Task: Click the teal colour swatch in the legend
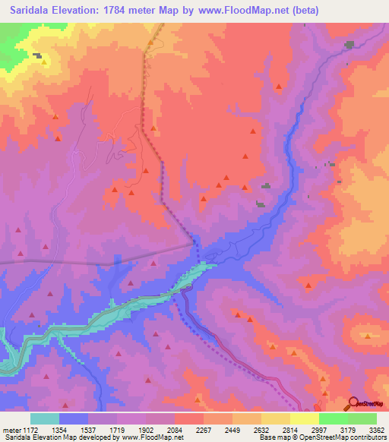45,419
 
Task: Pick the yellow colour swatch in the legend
304,419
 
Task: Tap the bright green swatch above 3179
333,419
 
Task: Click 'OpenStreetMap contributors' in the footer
342,437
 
